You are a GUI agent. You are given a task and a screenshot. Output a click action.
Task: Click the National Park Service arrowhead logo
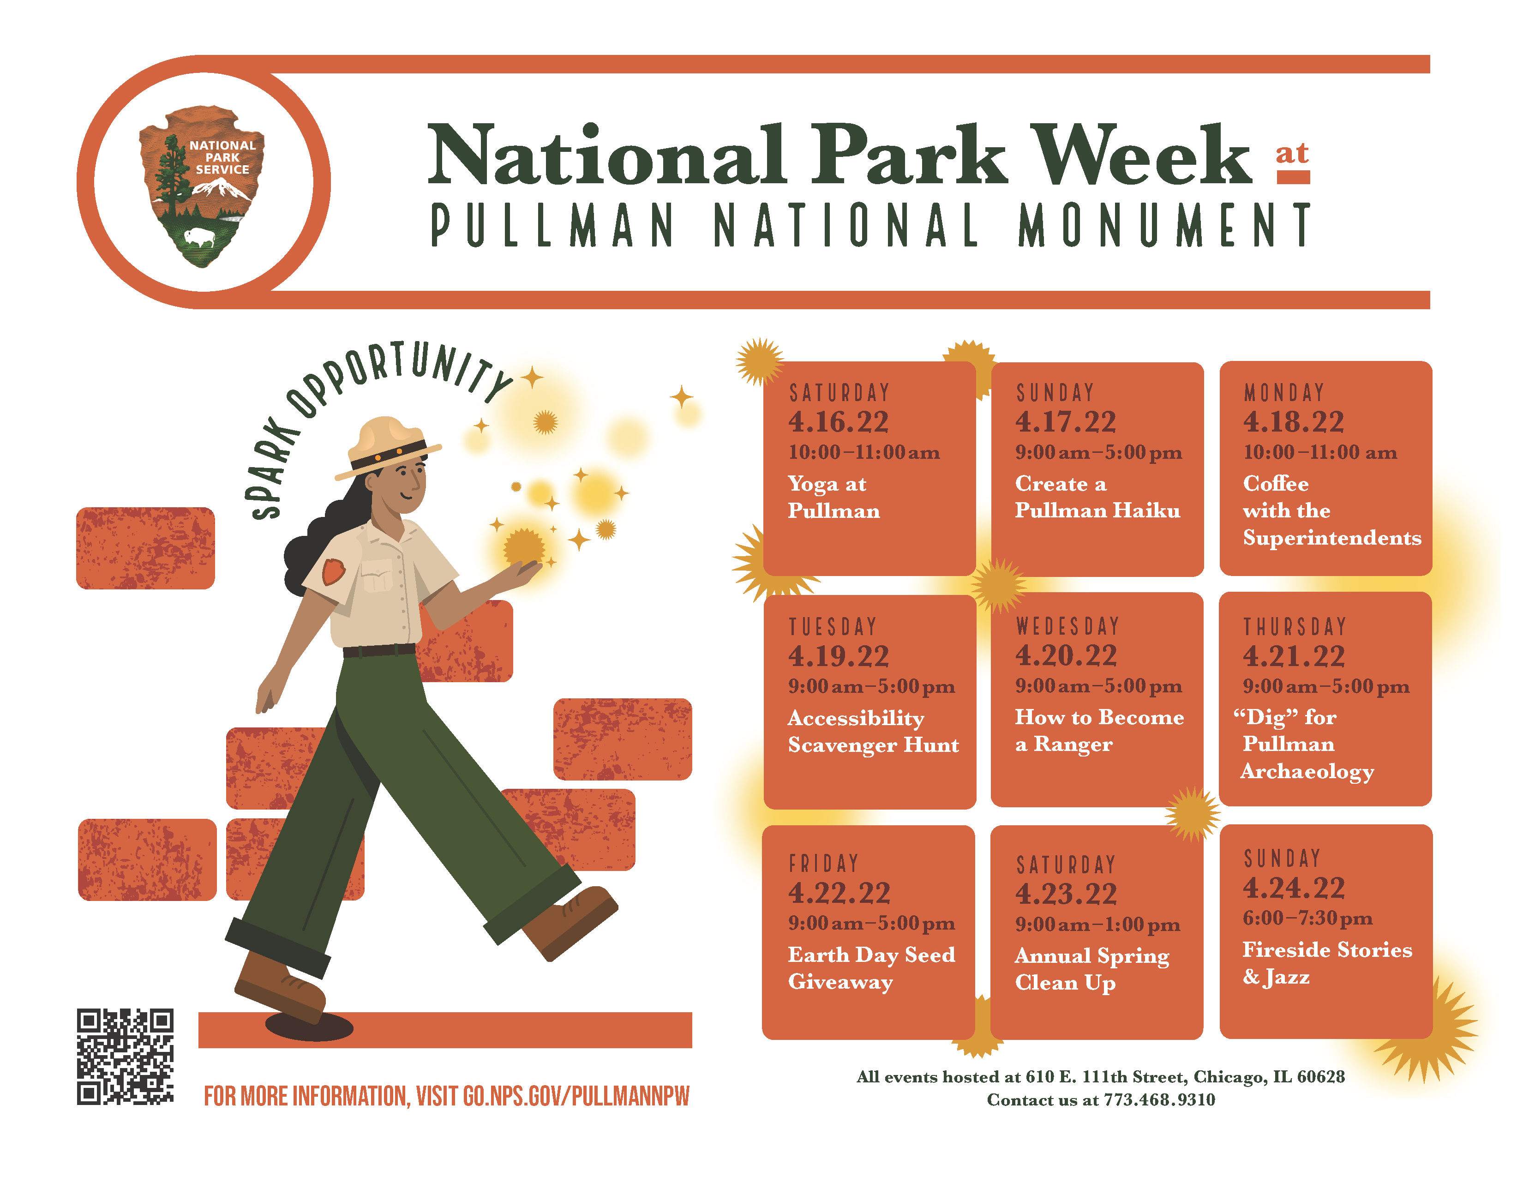(202, 185)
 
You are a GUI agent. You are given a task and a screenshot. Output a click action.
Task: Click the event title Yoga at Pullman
(833, 497)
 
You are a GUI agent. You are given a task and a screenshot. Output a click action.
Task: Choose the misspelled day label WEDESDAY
(1067, 626)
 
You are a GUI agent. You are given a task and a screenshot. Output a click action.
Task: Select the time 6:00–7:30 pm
(1307, 919)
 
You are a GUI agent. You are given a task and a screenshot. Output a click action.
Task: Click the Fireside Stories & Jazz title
(1326, 963)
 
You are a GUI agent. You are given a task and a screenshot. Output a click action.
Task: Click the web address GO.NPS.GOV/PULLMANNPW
(576, 1096)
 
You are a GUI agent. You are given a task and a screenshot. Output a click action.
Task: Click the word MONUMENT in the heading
(1164, 225)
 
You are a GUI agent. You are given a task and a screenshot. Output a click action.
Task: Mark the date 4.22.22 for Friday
(839, 893)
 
